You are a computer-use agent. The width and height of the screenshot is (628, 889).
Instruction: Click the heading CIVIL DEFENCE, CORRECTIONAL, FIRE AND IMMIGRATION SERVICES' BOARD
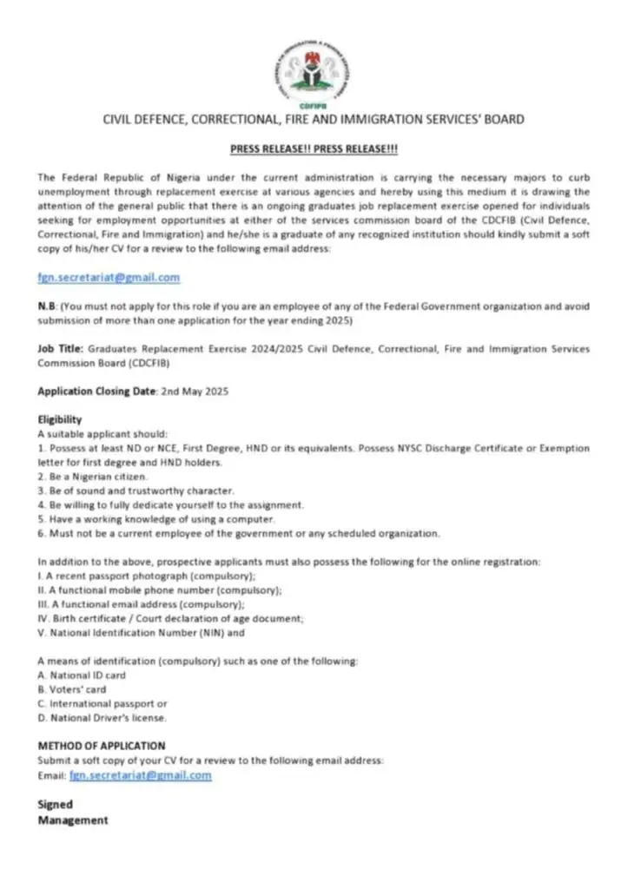tap(314, 119)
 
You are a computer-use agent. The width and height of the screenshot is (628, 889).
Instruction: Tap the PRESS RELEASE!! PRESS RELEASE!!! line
tap(314, 149)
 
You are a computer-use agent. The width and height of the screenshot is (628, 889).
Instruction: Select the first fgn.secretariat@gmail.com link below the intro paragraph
tap(109, 278)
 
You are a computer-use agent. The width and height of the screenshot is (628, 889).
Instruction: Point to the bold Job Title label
tap(60, 348)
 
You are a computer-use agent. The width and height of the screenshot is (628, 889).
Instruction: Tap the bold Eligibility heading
tap(59, 420)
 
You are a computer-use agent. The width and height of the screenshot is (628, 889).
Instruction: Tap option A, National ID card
tap(82, 675)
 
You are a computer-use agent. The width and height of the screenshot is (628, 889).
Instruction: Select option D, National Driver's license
tap(102, 718)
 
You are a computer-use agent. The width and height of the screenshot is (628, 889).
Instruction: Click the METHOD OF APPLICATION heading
tap(101, 746)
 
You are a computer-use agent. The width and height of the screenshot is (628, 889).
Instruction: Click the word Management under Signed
tap(73, 820)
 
